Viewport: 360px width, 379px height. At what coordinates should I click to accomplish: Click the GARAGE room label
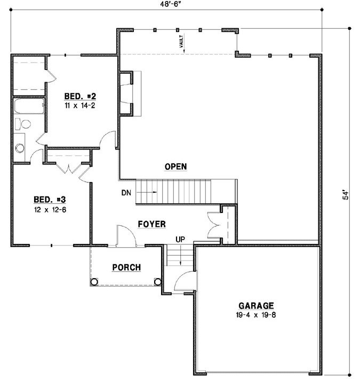(x=256, y=306)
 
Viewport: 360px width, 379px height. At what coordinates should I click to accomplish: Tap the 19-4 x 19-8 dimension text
(x=256, y=315)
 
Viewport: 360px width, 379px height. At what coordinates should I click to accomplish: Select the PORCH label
(x=126, y=267)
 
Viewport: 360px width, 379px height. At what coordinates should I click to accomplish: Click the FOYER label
(x=151, y=224)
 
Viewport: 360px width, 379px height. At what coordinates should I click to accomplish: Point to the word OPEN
(x=175, y=167)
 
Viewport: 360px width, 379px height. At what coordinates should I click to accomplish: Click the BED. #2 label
(x=80, y=96)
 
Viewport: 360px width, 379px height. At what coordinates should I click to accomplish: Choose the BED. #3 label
(x=50, y=200)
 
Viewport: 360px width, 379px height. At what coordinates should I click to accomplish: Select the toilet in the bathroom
(x=22, y=124)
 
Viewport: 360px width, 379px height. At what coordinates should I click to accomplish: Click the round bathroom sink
(x=20, y=148)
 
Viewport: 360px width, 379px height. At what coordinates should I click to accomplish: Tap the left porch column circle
(x=94, y=282)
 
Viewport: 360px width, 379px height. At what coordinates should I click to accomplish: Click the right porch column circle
(x=157, y=282)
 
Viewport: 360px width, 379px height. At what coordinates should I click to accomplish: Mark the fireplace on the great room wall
(x=126, y=94)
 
